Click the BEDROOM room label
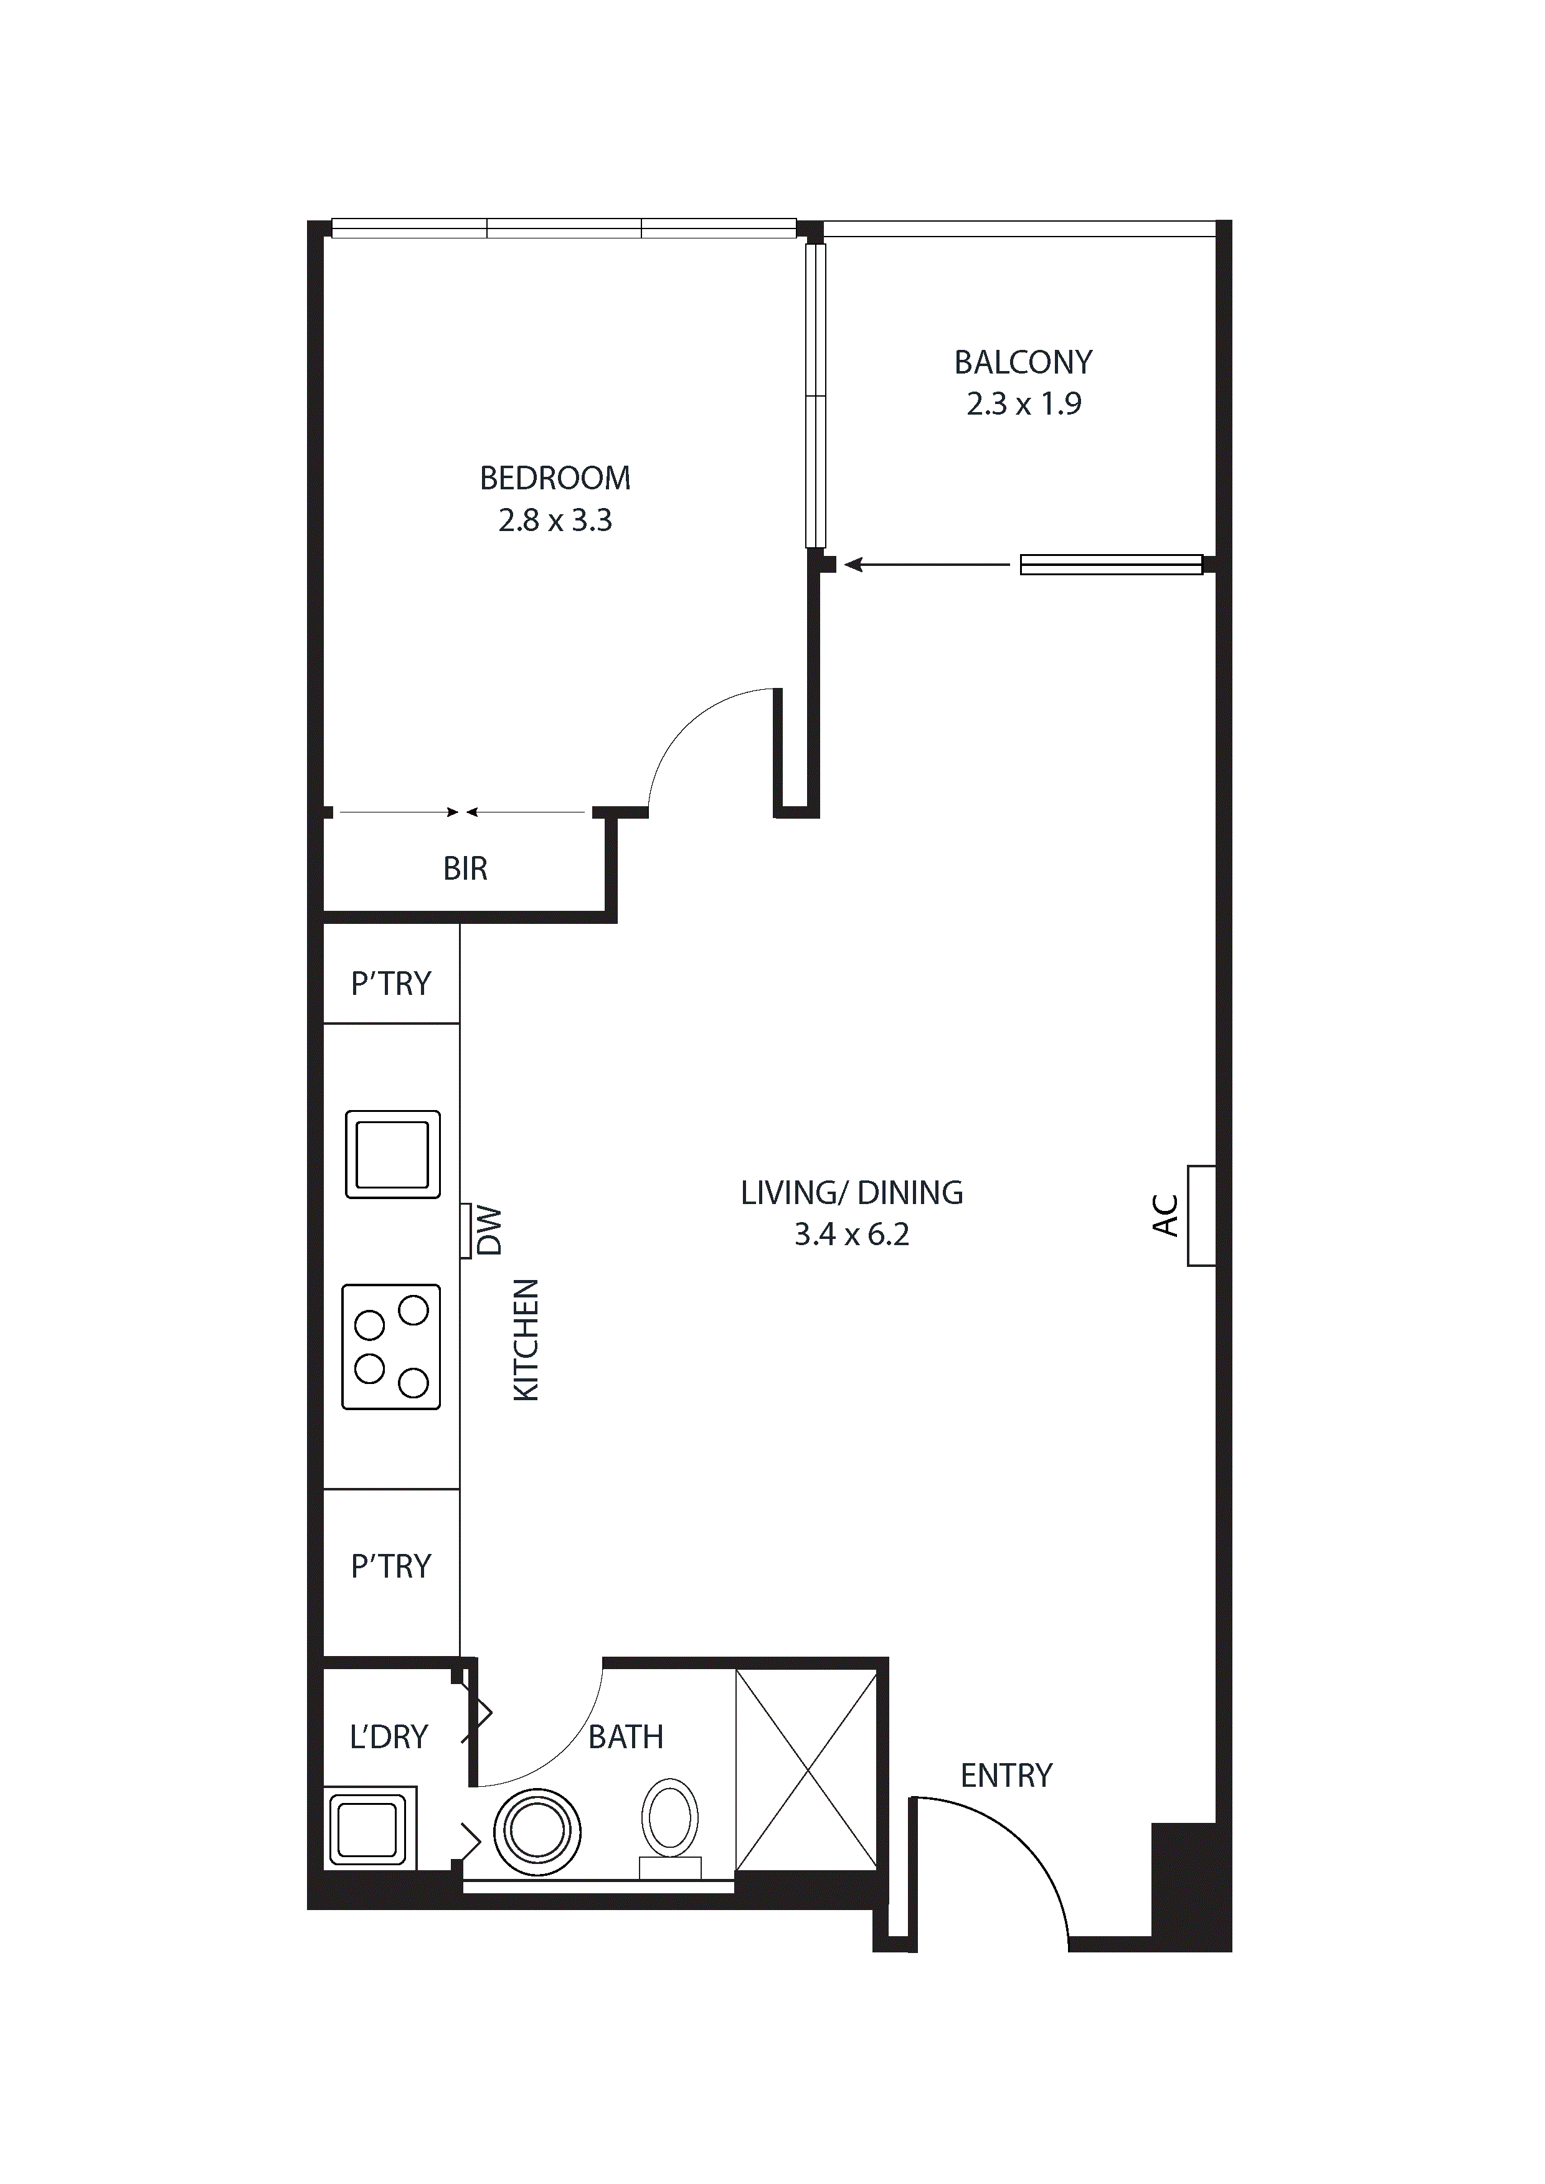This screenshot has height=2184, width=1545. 555,479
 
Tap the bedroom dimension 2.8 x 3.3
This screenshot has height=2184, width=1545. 555,520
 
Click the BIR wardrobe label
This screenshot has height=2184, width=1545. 465,868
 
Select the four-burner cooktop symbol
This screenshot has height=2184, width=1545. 391,1347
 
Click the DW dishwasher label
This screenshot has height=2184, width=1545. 488,1231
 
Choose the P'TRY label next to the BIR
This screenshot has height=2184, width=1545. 391,984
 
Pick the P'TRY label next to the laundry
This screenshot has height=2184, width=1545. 391,1566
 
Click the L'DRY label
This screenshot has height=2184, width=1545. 389,1737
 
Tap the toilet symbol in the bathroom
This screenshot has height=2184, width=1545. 670,1819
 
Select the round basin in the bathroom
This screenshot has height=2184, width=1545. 537,1831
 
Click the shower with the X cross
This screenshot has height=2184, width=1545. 806,1771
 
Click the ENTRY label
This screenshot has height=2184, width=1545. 1006,1776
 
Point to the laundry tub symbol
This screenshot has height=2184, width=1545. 369,1829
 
